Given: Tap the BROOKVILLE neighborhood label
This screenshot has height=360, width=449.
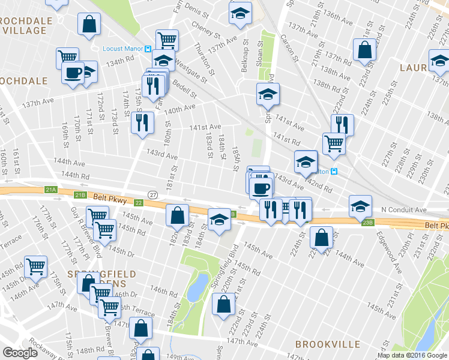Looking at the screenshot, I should click(x=327, y=344).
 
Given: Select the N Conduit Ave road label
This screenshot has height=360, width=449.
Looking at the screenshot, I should click(x=403, y=210).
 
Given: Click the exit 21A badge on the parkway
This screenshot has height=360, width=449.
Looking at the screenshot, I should click(x=50, y=190).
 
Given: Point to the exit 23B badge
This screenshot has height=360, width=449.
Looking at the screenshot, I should click(x=368, y=222).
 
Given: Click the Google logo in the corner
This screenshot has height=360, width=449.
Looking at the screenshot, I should click(x=20, y=353).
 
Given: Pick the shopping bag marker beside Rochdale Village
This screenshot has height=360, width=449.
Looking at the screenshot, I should click(x=89, y=24).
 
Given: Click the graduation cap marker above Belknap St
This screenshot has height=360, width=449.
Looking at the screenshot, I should click(x=240, y=13).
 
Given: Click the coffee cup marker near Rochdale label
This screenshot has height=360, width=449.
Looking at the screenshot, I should click(x=73, y=73).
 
